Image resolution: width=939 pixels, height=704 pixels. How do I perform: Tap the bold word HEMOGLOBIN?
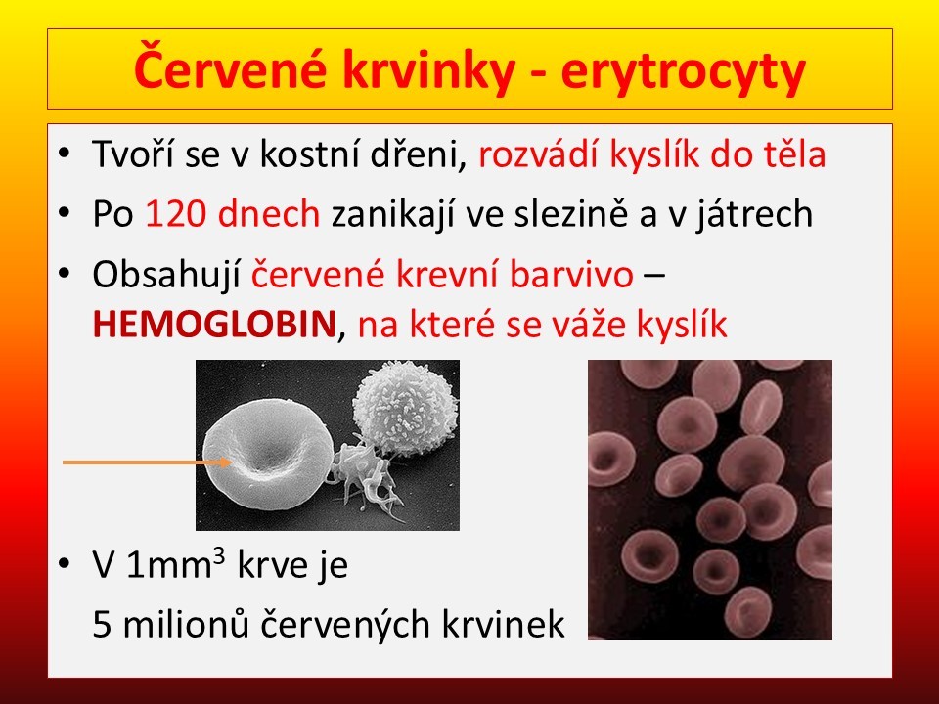click(x=214, y=325)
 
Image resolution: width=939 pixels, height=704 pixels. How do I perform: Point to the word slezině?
click(x=571, y=214)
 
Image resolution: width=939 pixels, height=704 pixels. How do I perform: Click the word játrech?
click(x=754, y=215)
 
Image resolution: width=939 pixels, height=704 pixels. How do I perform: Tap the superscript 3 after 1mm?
click(x=219, y=556)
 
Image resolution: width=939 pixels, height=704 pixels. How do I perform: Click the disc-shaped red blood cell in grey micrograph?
click(x=268, y=455)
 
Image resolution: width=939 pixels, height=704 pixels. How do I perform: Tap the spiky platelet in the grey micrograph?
click(x=362, y=476)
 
